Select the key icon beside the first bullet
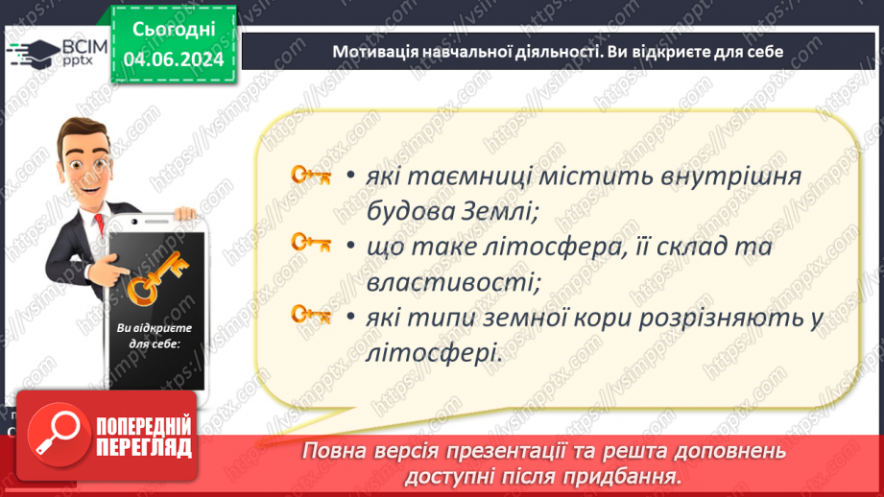[x=310, y=176]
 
